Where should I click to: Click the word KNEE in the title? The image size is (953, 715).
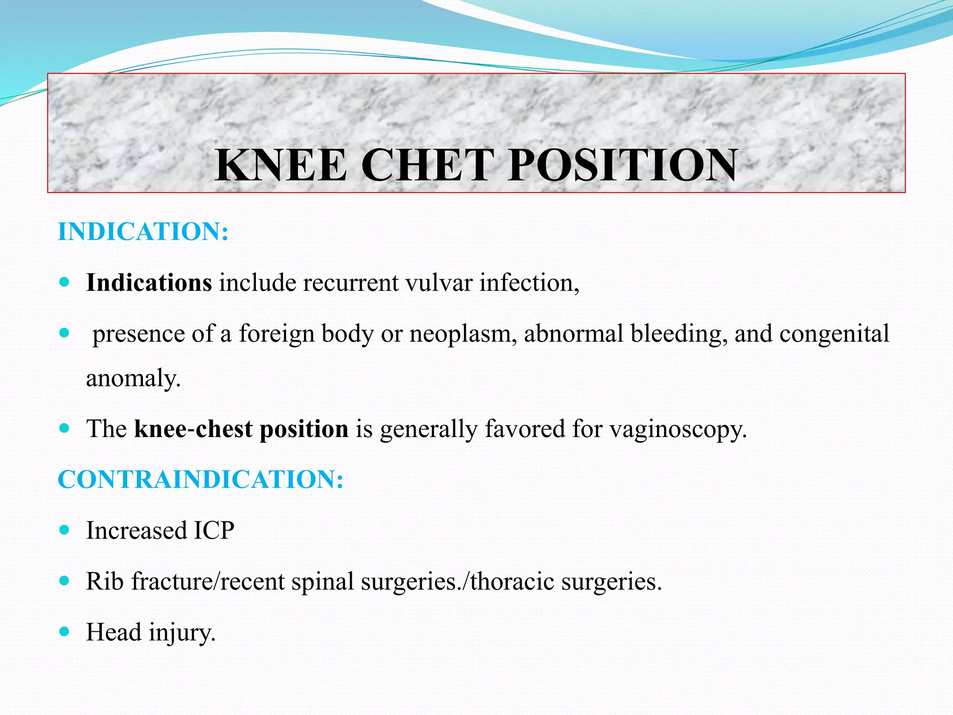pyautogui.click(x=281, y=165)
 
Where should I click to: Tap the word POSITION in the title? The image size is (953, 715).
pyautogui.click(x=623, y=165)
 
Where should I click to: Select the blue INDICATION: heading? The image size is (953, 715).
pyautogui.click(x=143, y=231)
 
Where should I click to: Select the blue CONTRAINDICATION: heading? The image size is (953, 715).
pyautogui.click(x=201, y=479)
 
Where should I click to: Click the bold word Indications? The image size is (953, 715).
pyautogui.click(x=149, y=283)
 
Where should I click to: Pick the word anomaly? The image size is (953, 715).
pyautogui.click(x=133, y=378)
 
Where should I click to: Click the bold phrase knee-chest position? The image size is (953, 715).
pyautogui.click(x=241, y=429)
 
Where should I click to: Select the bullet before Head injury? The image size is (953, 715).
pyautogui.click(x=65, y=632)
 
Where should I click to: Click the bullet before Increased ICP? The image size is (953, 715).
pyautogui.click(x=65, y=530)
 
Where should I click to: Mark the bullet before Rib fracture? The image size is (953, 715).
pyautogui.click(x=65, y=581)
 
